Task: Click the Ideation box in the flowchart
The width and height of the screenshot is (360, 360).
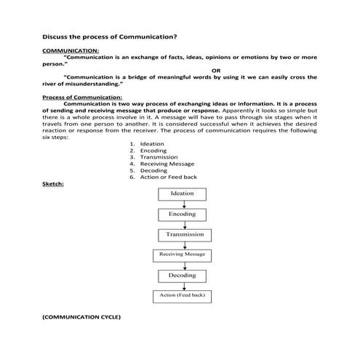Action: tap(182, 194)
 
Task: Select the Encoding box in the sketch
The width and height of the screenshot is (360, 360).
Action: tap(182, 215)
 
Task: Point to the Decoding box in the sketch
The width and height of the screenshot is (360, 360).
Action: tap(182, 276)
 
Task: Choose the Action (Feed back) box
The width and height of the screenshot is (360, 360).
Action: tap(182, 296)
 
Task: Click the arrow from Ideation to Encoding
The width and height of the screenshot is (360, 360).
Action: tap(182, 204)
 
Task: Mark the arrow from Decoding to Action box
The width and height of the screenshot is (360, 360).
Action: tap(182, 286)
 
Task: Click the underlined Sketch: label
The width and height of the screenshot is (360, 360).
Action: tap(53, 183)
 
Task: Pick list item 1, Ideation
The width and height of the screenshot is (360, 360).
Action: tap(152, 144)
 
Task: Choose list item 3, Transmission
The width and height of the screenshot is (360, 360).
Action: tap(159, 157)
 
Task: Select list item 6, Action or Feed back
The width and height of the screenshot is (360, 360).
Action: tap(168, 177)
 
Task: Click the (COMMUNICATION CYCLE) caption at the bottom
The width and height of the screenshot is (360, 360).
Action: tap(81, 318)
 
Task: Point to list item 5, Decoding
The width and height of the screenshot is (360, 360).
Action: tap(153, 170)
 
